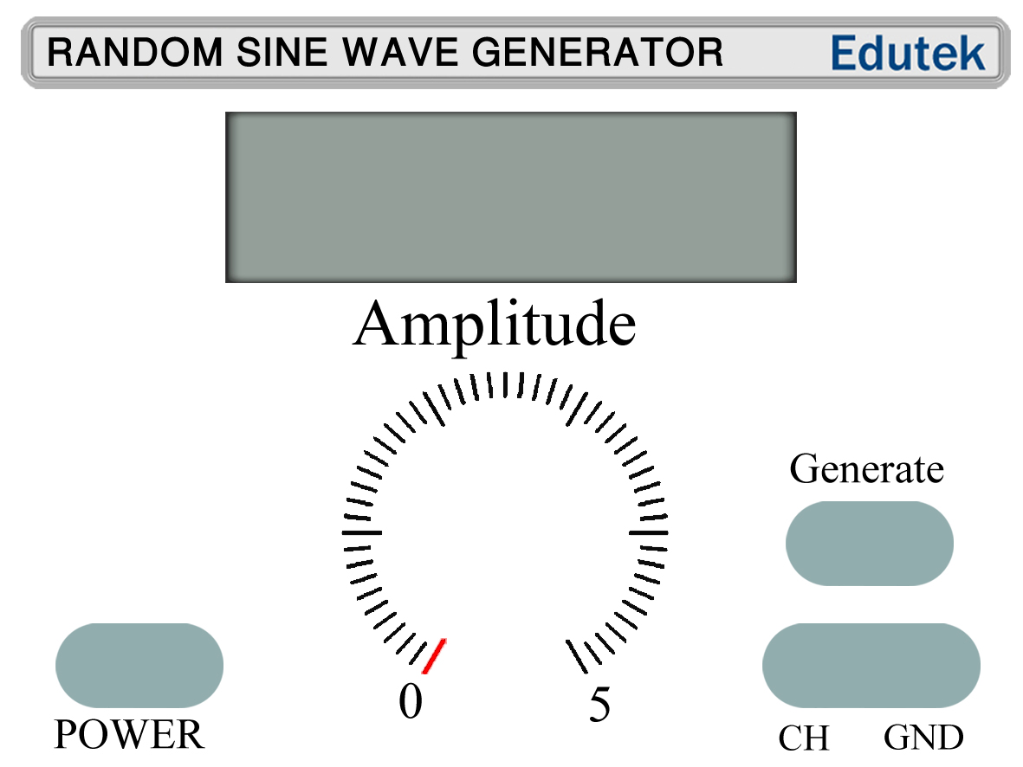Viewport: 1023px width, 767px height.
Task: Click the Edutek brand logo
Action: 908,53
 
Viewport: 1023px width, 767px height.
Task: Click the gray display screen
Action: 510,197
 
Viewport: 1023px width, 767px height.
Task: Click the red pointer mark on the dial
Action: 433,656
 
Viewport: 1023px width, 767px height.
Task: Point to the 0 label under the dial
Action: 411,701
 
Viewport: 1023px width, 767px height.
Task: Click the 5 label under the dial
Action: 599,705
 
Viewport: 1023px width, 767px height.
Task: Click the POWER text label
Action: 129,735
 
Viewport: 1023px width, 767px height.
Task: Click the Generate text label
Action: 866,469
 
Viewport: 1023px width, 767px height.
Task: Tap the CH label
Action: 804,738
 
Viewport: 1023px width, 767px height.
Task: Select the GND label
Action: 923,738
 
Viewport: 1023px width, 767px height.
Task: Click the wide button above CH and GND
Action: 871,665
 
